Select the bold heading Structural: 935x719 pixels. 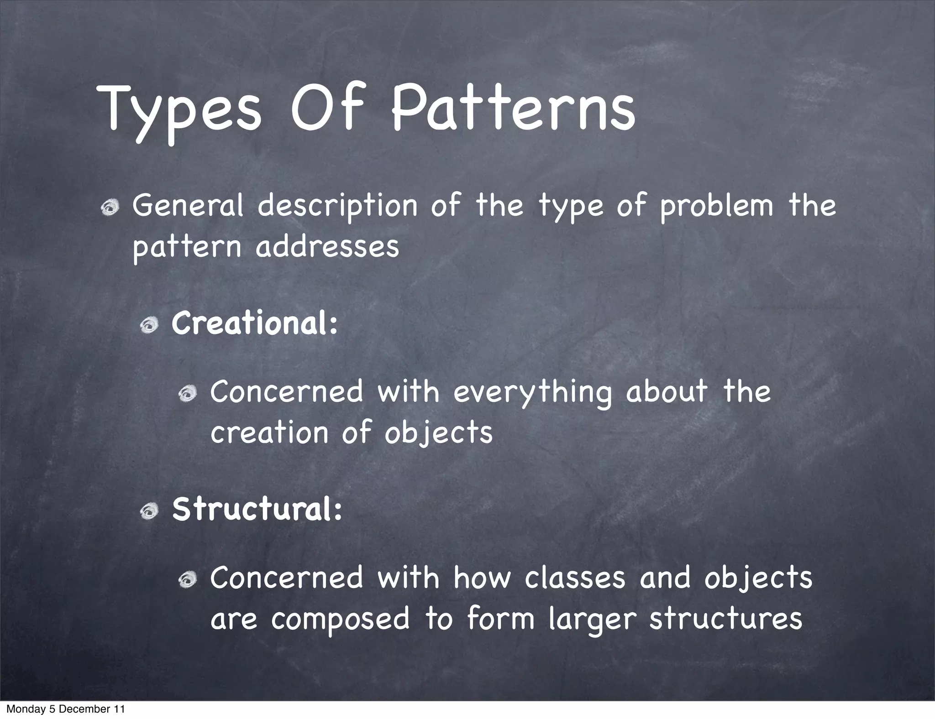(257, 509)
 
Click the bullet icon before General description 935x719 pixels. (110, 208)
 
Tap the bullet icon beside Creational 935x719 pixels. (149, 326)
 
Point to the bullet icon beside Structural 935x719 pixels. (149, 512)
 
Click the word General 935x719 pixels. (188, 206)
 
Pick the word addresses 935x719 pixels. (327, 247)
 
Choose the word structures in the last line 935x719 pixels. (725, 619)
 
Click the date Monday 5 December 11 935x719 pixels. (65, 709)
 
